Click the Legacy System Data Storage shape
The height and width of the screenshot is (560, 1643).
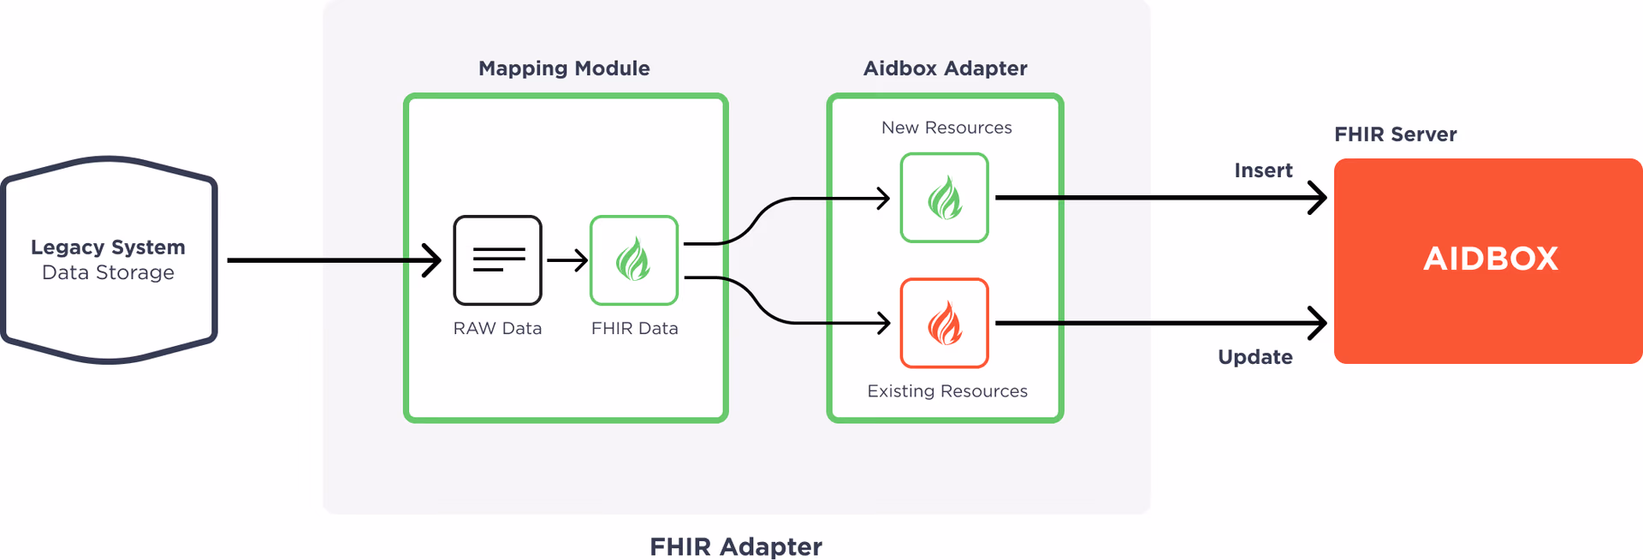[x=109, y=259]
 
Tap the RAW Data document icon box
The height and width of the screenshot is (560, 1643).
[x=497, y=260]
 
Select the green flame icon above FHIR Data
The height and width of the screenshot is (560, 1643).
[x=634, y=260]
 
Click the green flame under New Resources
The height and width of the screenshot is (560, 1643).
[x=945, y=198]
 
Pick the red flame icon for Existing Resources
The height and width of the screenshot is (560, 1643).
[x=945, y=323]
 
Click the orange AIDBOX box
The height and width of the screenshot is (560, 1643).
[x=1489, y=259]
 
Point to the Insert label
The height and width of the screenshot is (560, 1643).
[x=1263, y=170]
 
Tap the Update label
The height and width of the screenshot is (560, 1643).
[x=1255, y=357]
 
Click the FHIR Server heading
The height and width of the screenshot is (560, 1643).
[x=1395, y=134]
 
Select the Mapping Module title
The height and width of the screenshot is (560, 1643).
[x=564, y=69]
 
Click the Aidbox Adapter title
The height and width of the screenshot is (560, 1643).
[x=945, y=69]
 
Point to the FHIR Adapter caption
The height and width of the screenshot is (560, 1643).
[x=735, y=546]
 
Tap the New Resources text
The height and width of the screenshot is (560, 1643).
[x=946, y=128]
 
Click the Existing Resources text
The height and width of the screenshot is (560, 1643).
[x=947, y=391]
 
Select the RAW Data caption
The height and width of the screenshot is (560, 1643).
[x=497, y=329]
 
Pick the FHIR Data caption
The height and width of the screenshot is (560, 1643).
[x=634, y=329]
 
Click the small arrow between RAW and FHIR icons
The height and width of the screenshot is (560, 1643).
[x=567, y=259]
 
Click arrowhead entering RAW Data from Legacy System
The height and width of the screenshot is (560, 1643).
[x=434, y=260]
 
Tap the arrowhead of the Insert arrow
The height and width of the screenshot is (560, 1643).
[x=1319, y=198]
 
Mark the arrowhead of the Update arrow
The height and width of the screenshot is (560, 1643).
[x=1319, y=323]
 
